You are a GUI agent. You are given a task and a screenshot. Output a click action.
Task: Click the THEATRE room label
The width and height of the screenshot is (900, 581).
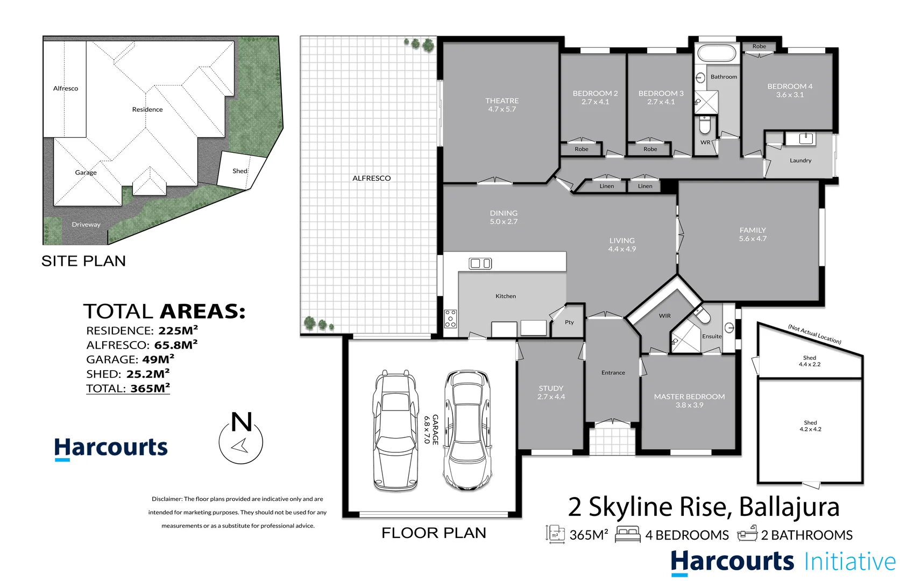(x=502, y=101)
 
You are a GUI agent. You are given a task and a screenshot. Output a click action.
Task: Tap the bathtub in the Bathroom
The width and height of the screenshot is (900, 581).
(x=717, y=53)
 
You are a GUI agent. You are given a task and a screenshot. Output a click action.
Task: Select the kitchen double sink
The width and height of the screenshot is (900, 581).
(x=480, y=264)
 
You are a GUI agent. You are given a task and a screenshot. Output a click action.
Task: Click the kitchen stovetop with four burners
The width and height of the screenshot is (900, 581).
(x=450, y=318)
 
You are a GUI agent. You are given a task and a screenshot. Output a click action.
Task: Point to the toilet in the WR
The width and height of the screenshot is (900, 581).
(x=704, y=125)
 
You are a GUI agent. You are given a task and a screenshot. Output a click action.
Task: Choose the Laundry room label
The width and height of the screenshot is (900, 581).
(x=800, y=160)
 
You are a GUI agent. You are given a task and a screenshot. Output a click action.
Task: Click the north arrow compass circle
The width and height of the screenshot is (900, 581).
(x=240, y=442)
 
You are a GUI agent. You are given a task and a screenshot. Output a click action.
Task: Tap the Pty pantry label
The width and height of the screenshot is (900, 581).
(x=569, y=322)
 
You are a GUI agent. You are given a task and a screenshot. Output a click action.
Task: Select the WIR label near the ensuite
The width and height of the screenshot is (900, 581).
(x=664, y=316)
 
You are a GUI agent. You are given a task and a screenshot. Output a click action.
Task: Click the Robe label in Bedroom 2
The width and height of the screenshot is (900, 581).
(x=582, y=149)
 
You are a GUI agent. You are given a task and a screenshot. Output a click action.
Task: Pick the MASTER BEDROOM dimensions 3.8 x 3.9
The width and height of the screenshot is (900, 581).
(x=690, y=405)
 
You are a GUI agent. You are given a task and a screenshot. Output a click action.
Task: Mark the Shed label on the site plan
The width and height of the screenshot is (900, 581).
(x=240, y=171)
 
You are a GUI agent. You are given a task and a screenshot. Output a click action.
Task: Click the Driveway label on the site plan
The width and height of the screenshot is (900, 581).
(x=86, y=225)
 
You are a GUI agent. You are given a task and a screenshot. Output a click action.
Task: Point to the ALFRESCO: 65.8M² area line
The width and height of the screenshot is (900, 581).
(x=142, y=345)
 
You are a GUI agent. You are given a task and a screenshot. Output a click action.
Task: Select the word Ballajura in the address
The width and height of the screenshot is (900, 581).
(x=789, y=508)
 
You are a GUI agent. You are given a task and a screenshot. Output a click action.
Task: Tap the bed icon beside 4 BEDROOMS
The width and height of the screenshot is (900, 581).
(x=628, y=534)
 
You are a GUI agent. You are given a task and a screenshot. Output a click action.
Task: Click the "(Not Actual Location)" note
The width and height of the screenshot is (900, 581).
(x=814, y=334)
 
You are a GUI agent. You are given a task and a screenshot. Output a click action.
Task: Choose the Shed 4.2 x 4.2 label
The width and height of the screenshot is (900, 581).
(x=810, y=426)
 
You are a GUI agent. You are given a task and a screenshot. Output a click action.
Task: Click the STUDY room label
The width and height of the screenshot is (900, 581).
(x=551, y=388)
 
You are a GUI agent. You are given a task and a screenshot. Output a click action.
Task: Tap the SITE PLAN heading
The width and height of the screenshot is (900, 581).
(x=83, y=261)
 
